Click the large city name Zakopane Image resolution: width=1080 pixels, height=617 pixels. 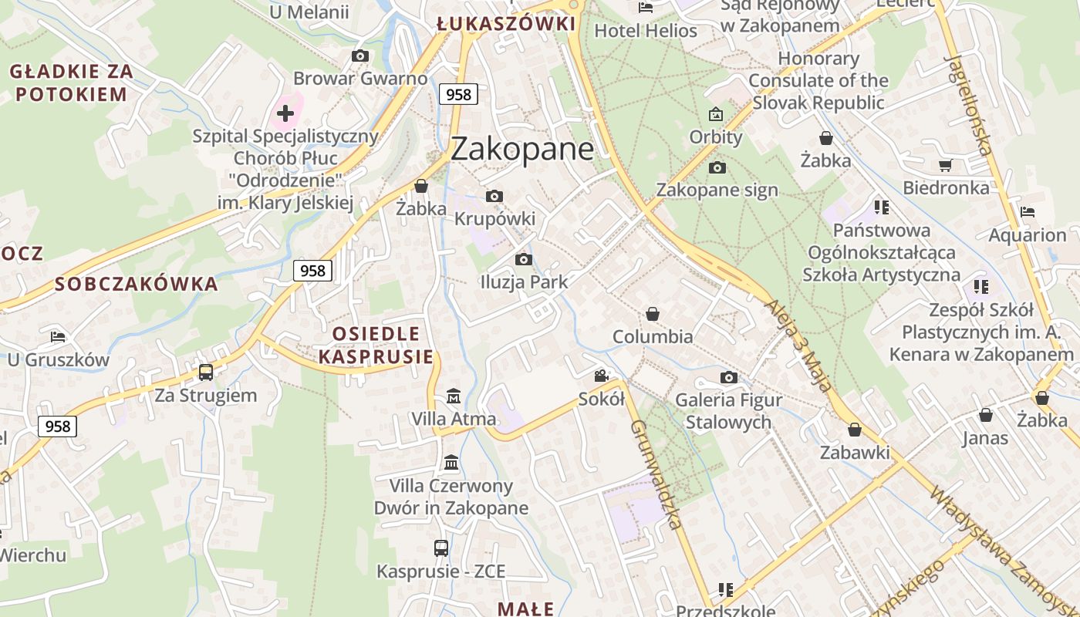522,149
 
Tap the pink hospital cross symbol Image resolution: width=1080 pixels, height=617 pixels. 285,114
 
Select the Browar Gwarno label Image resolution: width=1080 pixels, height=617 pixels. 360,78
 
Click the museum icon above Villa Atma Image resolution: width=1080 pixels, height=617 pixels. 454,396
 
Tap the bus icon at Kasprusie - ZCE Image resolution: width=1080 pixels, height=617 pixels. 440,548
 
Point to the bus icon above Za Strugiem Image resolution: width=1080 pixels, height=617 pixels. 206,373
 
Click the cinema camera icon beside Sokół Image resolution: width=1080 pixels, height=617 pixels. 601,376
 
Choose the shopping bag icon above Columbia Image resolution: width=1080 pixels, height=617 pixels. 653,314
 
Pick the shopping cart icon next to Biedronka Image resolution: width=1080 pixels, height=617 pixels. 945,165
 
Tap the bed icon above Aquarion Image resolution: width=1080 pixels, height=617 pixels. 1027,212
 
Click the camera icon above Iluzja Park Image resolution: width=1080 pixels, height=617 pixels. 524,259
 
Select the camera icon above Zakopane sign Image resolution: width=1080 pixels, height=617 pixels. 717,167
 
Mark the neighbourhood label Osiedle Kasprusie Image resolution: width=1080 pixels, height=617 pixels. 376,345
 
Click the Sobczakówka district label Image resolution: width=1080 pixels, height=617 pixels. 137,284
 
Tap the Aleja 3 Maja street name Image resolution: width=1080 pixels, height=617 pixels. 798,346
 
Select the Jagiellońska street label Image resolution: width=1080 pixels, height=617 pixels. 969,105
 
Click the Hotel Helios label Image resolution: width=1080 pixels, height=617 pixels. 646,31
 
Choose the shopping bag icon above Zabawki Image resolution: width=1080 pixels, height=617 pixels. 855,430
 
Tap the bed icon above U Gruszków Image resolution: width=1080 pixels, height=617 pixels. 58,337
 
